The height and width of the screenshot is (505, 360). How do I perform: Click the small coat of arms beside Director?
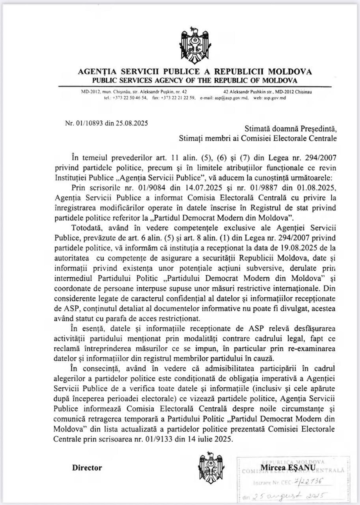211,468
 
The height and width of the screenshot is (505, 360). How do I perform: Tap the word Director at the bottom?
87,468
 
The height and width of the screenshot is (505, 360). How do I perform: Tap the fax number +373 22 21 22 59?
178,98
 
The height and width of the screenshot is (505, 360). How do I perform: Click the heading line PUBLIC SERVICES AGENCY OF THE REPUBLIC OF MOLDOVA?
195,80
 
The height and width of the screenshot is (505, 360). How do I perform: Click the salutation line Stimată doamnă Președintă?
290,129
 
